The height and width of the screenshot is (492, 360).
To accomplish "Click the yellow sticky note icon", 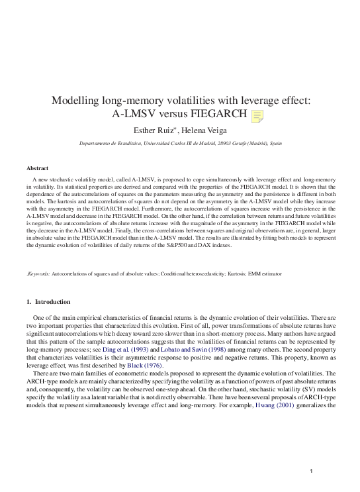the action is pos(257,117).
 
